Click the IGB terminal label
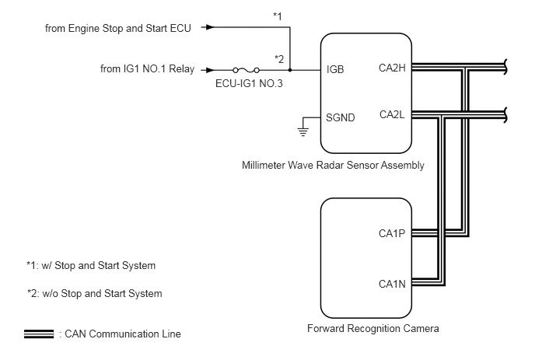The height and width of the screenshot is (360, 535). pyautogui.click(x=337, y=68)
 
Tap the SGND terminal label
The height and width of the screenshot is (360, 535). pyautogui.click(x=341, y=118)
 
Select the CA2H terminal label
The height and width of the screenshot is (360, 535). pyautogui.click(x=392, y=68)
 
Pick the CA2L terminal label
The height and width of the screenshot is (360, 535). pyautogui.click(x=392, y=114)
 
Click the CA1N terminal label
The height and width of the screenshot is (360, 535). pyautogui.click(x=392, y=285)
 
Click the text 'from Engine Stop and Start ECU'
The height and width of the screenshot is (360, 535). pyautogui.click(x=119, y=28)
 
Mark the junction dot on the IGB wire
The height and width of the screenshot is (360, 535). pyautogui.click(x=289, y=68)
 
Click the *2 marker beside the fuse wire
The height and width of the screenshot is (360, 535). pyautogui.click(x=278, y=58)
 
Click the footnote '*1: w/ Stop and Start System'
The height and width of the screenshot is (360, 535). pyautogui.click(x=91, y=265)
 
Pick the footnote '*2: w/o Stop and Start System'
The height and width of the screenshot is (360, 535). pyautogui.click(x=94, y=293)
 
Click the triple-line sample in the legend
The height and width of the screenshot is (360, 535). pyautogui.click(x=39, y=334)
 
